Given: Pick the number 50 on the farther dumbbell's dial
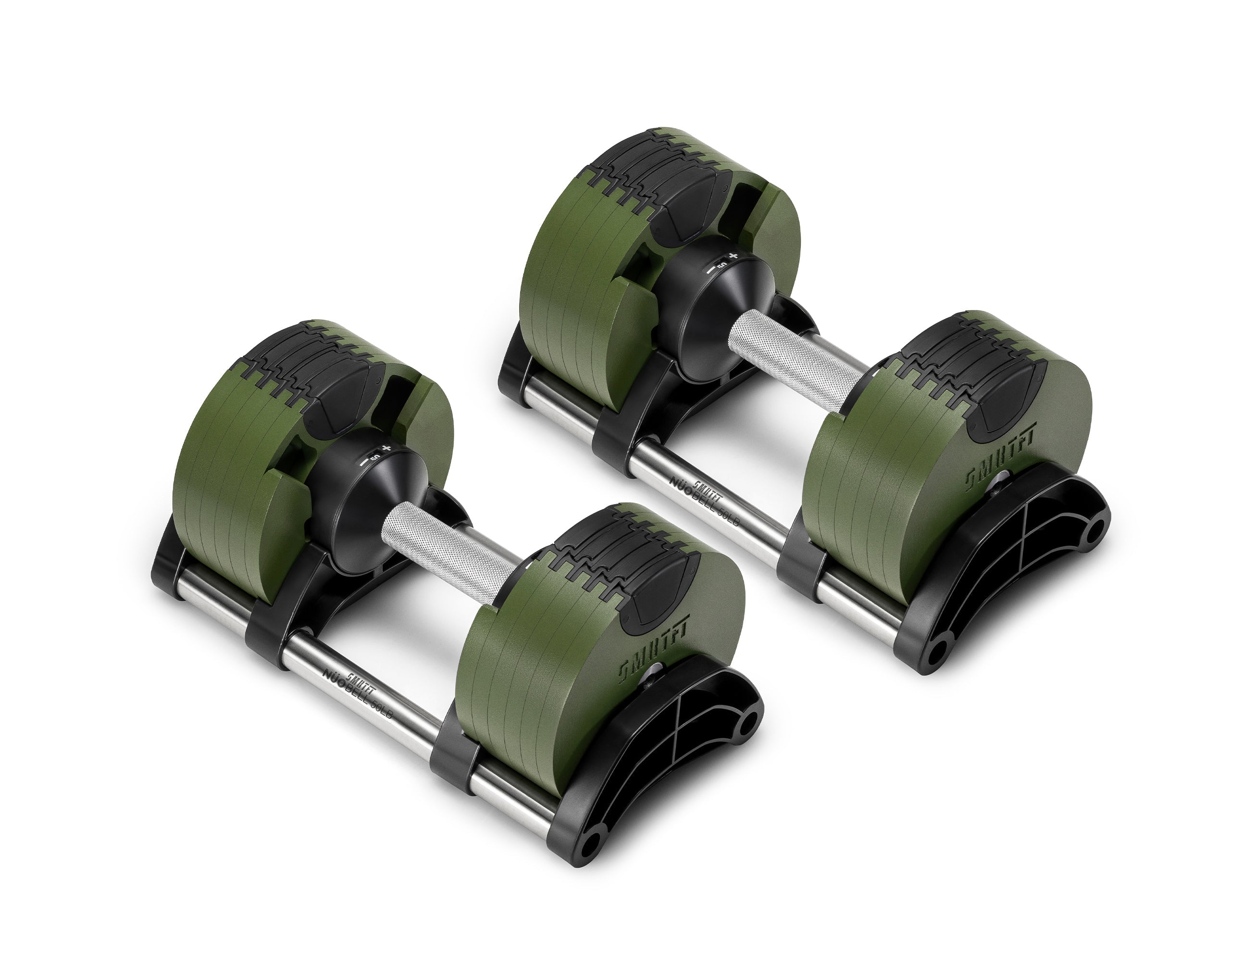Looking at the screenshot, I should pyautogui.click(x=722, y=264).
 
